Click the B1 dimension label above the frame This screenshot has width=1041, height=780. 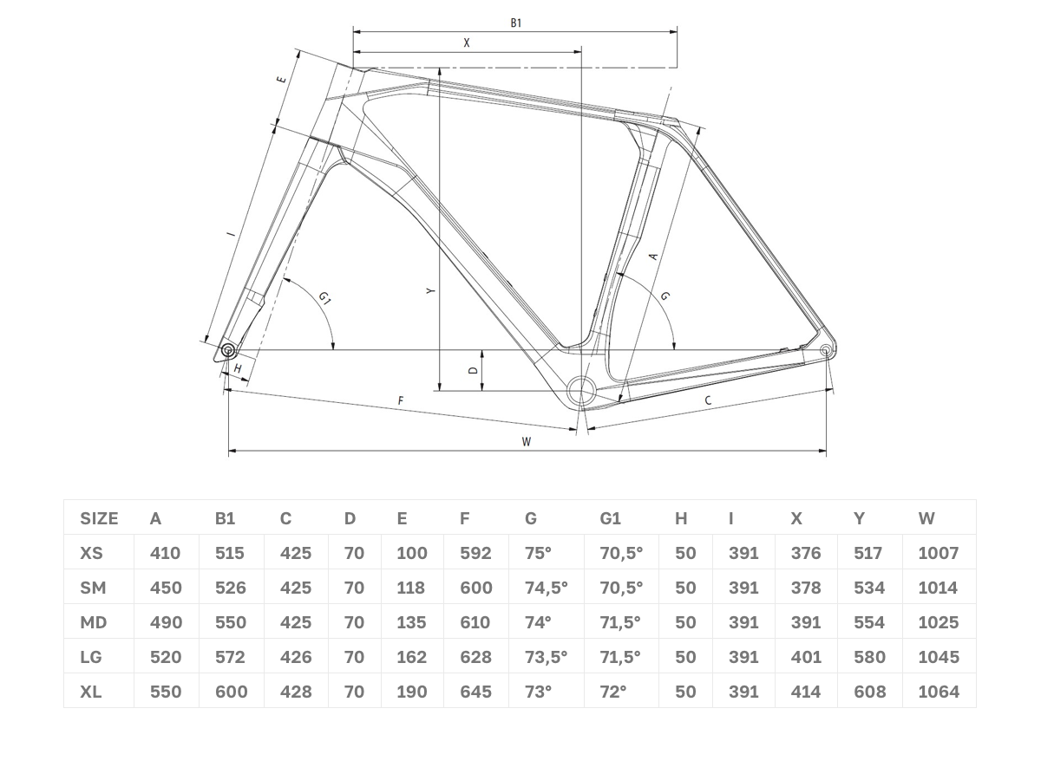point(515,23)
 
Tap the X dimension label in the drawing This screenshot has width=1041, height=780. point(467,43)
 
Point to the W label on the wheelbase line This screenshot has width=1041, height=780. point(526,442)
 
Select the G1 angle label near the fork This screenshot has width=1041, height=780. point(324,298)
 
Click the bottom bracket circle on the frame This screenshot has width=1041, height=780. point(581,390)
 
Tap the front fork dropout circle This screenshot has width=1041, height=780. point(227,351)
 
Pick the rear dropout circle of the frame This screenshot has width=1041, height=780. point(825,350)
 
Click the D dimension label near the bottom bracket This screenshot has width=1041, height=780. point(473,370)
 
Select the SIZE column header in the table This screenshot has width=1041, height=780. point(99,518)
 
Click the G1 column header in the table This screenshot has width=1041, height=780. point(610,518)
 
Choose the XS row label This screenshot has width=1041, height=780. point(91,553)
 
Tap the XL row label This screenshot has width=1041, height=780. point(90,692)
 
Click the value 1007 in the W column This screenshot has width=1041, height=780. point(938,553)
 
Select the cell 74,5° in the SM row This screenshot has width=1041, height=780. point(546,588)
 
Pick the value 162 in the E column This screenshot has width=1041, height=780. point(412,657)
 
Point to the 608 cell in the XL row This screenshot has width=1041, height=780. point(869,692)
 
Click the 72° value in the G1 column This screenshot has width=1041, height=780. point(612,692)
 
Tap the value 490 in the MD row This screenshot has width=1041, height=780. point(166,622)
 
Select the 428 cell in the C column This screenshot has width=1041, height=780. point(296,692)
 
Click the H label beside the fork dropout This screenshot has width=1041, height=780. point(238,368)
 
